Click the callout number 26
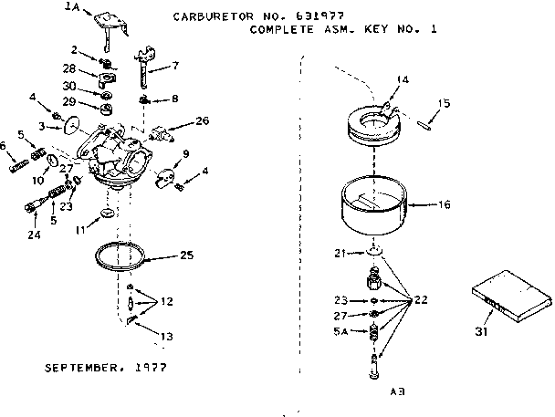pos(202,120)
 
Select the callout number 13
pos(165,336)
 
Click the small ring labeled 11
pos(109,215)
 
